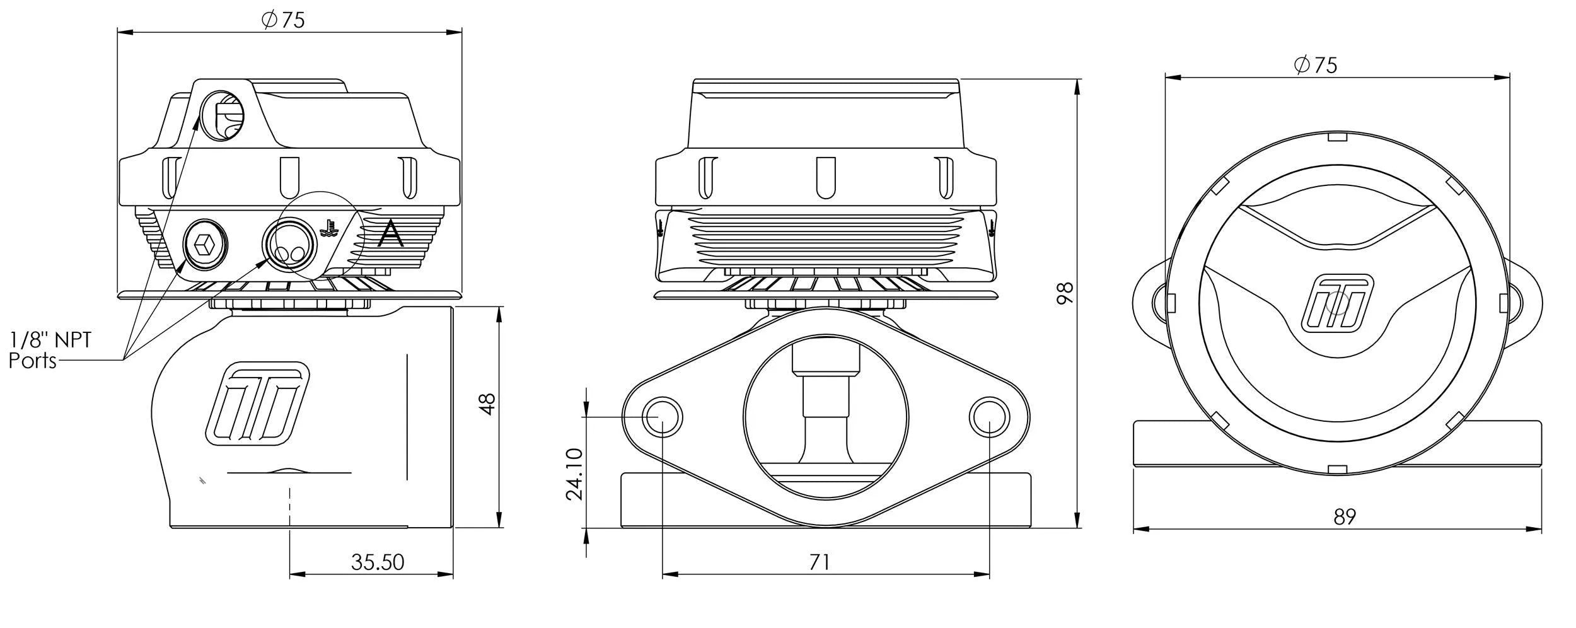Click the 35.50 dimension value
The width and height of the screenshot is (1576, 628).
(x=377, y=562)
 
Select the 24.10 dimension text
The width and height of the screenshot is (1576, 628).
(x=574, y=474)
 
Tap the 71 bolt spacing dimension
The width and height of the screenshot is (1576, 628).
(x=819, y=562)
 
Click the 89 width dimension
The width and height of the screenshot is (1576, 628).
(x=1345, y=517)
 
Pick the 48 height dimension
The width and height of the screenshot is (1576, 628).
(x=488, y=404)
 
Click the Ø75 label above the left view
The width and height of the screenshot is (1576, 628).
(x=283, y=20)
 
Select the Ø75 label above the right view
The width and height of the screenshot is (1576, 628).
(x=1315, y=65)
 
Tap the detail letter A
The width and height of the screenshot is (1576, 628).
(x=390, y=235)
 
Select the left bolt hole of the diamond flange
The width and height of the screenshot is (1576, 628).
(x=662, y=417)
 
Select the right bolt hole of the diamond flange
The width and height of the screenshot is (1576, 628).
(x=990, y=417)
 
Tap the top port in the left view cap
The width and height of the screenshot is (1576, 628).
(x=221, y=116)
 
